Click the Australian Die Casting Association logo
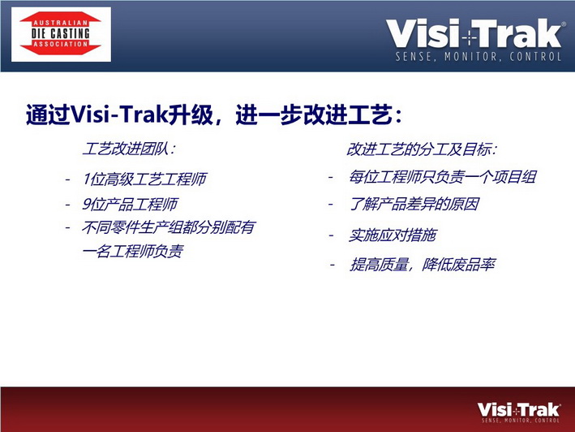point(61,34)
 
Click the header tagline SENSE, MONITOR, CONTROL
point(478,57)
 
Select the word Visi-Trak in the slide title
point(119,114)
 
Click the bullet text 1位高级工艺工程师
point(145,179)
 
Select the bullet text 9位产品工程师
point(131,204)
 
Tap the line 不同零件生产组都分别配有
point(169,227)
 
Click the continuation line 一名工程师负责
point(133,252)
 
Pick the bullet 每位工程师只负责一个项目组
point(442,177)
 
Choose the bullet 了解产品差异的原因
point(414,204)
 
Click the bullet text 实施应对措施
point(392,235)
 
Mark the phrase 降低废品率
point(459,264)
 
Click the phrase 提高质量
point(380,264)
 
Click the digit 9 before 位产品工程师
point(86,204)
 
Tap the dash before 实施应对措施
point(331,235)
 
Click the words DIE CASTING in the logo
point(61,33)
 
